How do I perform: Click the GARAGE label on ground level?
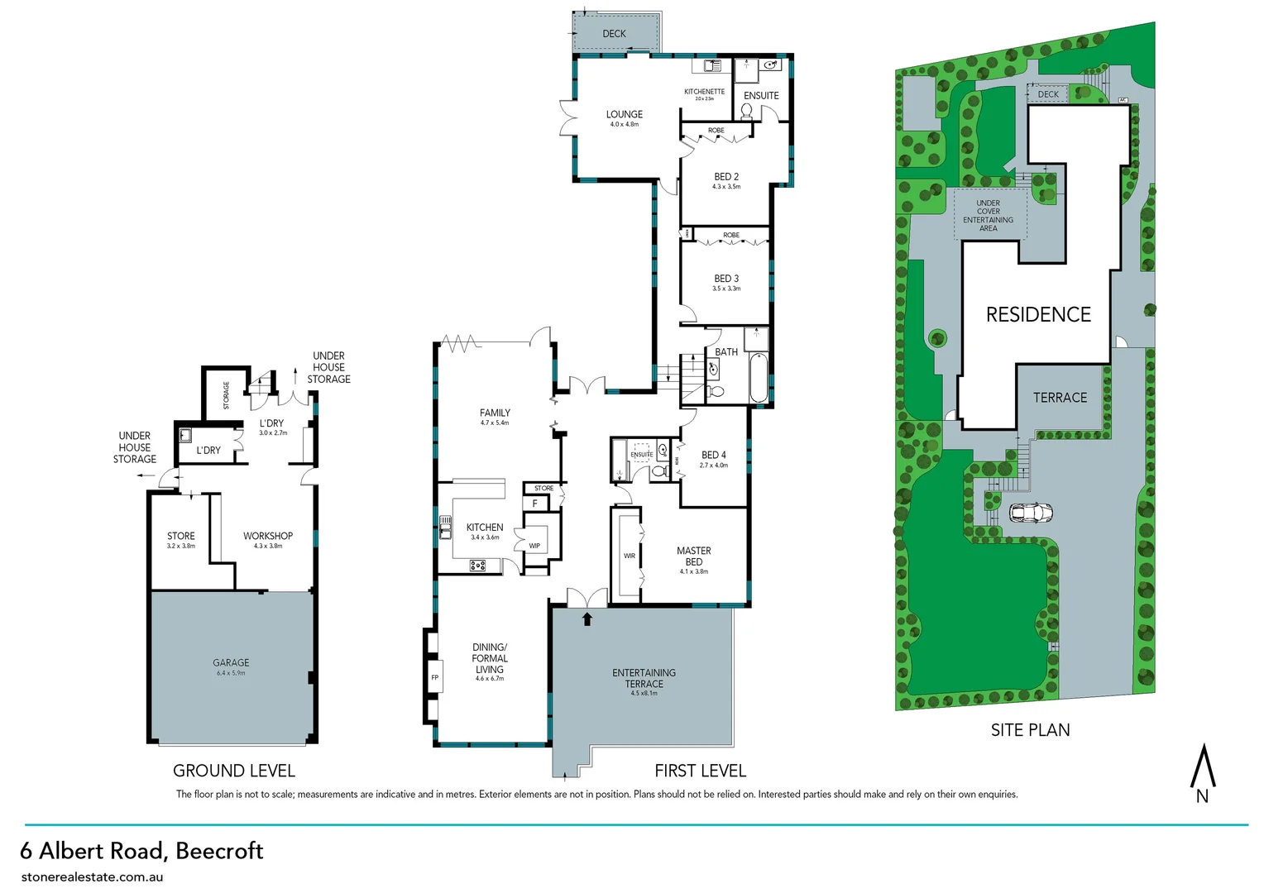(x=231, y=663)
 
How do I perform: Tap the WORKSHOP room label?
(x=267, y=537)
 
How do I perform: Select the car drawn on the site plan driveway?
(x=1031, y=513)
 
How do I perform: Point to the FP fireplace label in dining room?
(x=434, y=678)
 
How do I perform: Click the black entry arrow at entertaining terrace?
(x=587, y=618)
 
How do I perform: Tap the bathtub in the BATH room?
(x=758, y=378)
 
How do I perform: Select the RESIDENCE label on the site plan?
(x=1038, y=315)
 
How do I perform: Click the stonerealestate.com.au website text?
(x=92, y=876)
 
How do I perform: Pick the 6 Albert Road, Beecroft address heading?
(x=141, y=851)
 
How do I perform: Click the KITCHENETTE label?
(x=704, y=92)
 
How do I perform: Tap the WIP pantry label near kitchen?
(x=534, y=546)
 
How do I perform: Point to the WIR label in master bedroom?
(x=630, y=556)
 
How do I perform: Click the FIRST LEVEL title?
(x=700, y=771)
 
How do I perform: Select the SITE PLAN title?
(x=1030, y=730)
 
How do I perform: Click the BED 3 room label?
(x=726, y=279)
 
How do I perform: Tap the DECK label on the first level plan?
(x=614, y=34)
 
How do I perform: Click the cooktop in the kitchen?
(x=477, y=566)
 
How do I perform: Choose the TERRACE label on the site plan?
(x=1060, y=398)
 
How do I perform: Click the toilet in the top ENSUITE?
(x=746, y=112)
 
